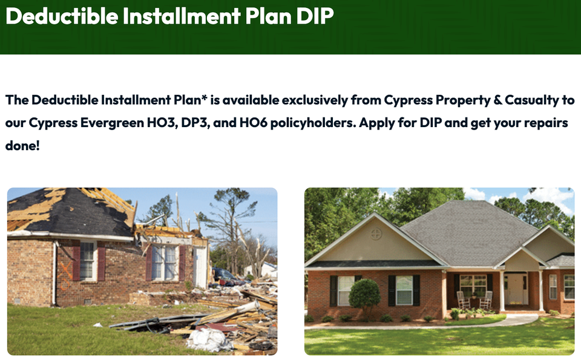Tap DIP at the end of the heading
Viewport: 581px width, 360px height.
(x=314, y=16)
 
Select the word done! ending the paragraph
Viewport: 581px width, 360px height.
(x=22, y=146)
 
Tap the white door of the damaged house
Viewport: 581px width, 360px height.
(x=200, y=266)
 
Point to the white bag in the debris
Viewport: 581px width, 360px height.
(x=209, y=339)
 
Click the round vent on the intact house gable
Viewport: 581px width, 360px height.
(x=376, y=234)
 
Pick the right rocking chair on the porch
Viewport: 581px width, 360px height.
(x=486, y=300)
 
